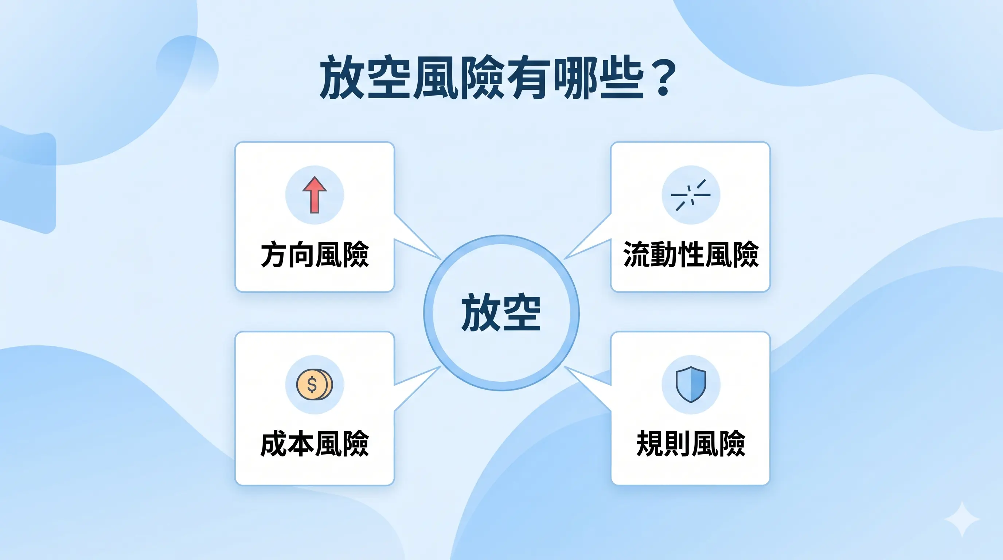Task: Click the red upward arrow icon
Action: pos(315,195)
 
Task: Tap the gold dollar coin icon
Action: pos(314,385)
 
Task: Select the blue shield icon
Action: pos(691,384)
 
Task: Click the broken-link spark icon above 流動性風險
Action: pos(691,195)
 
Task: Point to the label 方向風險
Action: pos(315,255)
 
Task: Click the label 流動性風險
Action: pos(691,255)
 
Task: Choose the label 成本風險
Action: pos(315,444)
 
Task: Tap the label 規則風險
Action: pos(691,444)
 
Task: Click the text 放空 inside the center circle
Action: pos(501,313)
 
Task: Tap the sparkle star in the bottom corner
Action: pos(962,520)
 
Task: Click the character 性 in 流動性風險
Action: pos(691,255)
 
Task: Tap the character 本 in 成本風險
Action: pos(301,444)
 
